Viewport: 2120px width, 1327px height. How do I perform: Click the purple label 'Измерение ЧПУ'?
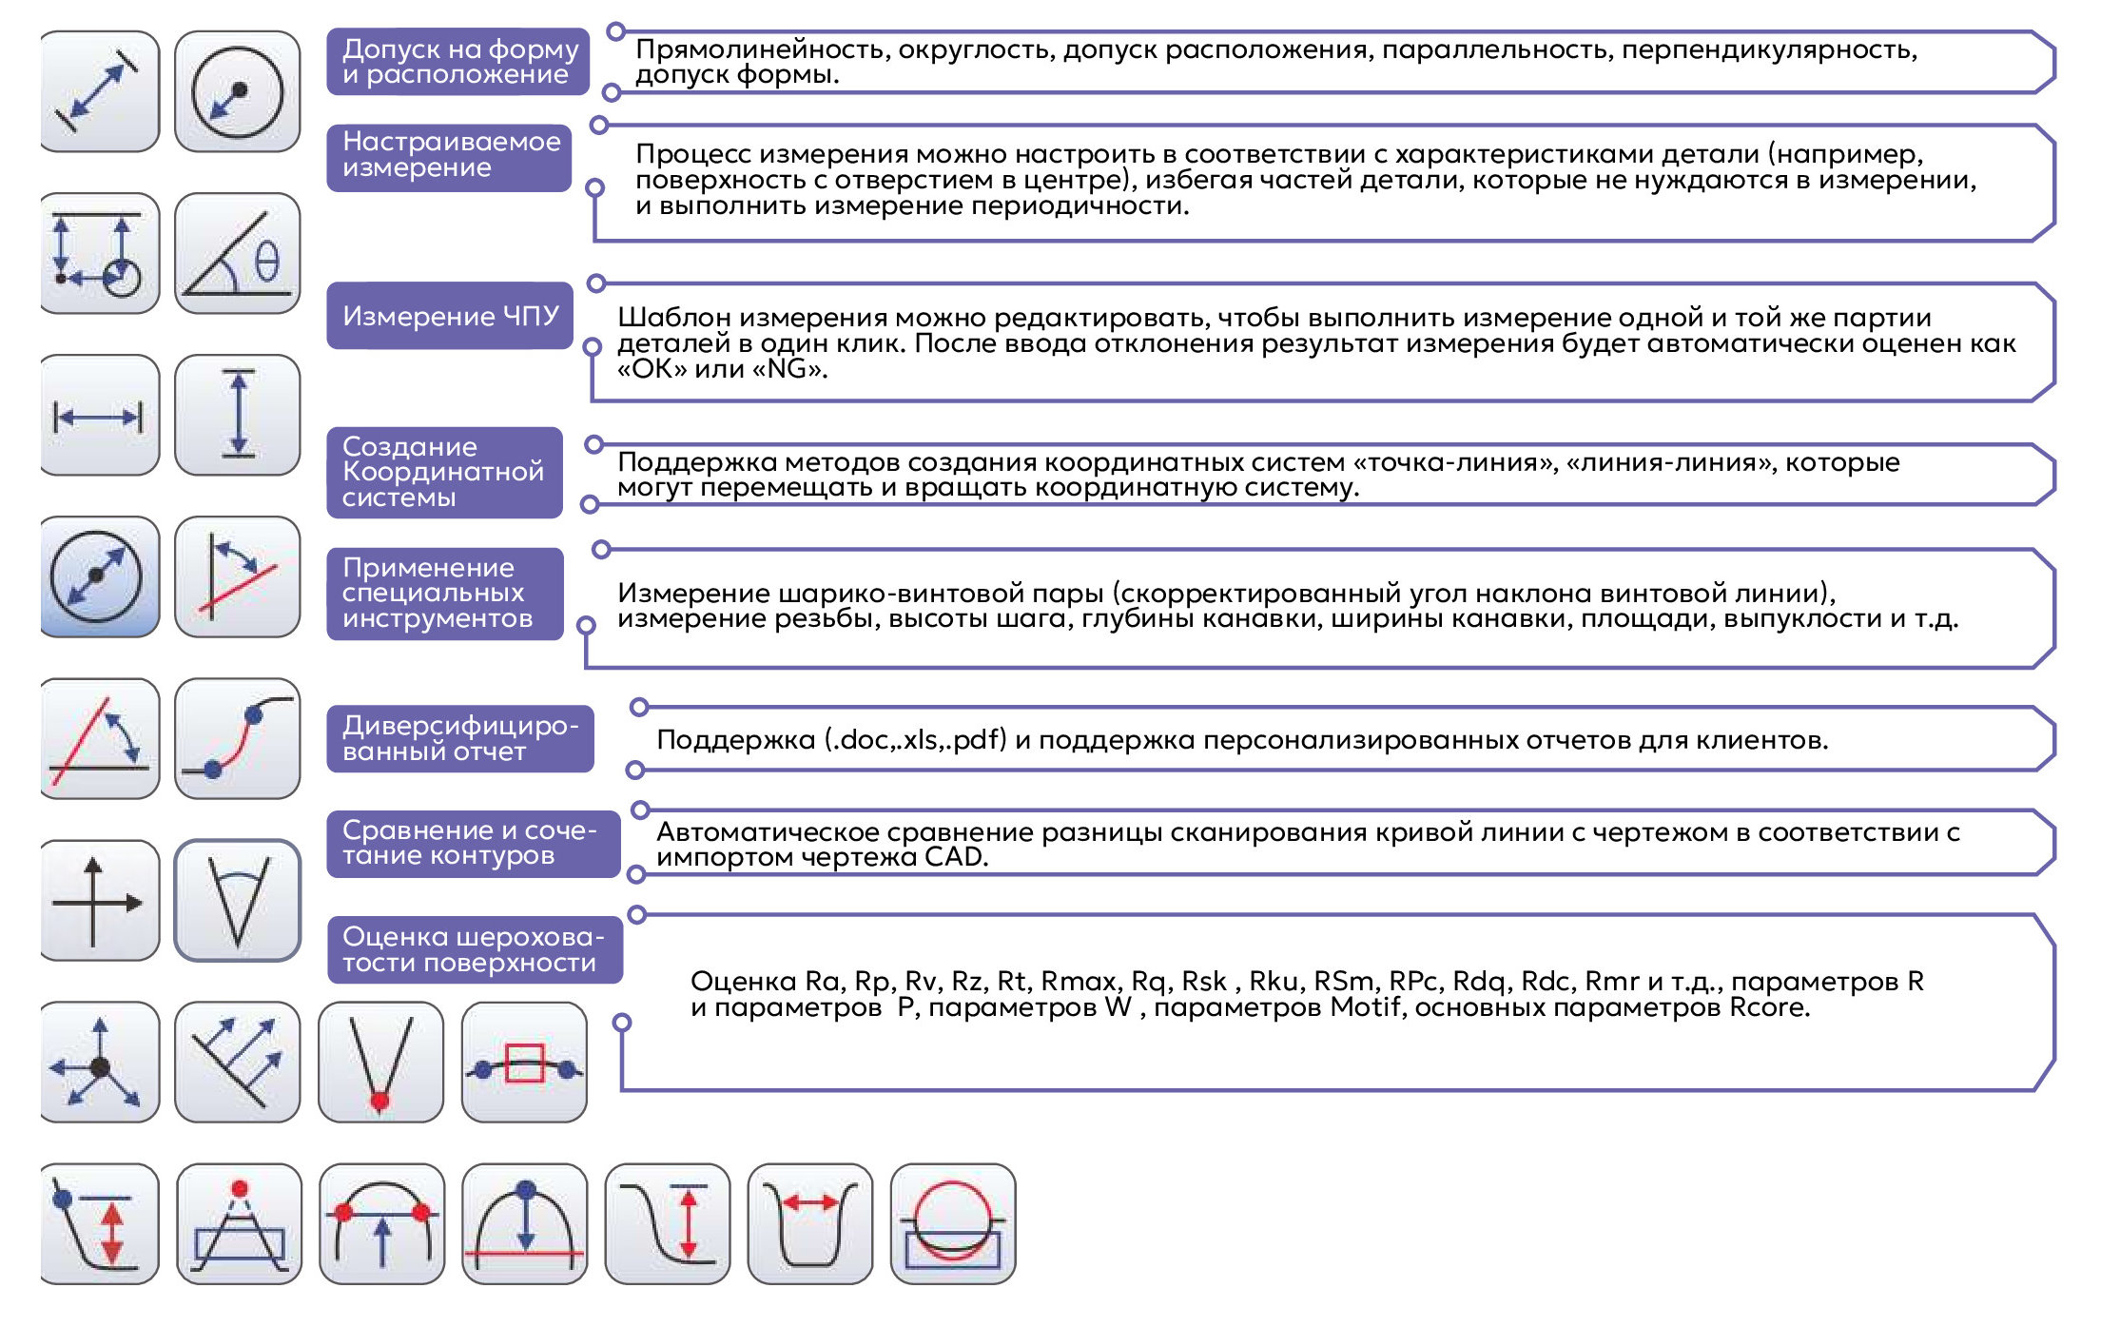click(450, 316)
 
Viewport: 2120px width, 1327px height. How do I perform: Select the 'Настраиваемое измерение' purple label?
click(449, 155)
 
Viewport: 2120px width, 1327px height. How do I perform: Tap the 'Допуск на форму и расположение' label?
click(458, 62)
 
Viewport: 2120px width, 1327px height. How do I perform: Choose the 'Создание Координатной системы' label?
click(443, 472)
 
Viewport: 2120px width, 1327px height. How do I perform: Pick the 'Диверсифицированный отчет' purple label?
click(459, 738)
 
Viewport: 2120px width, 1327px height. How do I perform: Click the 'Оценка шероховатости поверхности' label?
click(474, 949)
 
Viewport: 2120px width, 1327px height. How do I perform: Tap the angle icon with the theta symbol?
click(238, 254)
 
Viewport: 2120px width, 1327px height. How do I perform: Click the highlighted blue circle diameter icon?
click(98, 577)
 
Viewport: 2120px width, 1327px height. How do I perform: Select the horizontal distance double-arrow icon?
click(98, 416)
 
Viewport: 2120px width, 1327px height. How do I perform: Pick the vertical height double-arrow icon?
click(238, 416)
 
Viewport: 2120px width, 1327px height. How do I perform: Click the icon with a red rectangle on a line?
click(524, 1063)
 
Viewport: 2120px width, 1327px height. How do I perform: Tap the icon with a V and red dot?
click(380, 1063)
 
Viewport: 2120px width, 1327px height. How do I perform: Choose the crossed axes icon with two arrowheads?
click(98, 901)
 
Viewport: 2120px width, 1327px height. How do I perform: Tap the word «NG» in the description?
click(788, 368)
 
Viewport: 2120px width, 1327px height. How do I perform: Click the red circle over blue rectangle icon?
click(953, 1224)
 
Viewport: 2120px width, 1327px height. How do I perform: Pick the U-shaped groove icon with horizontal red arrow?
click(810, 1224)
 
